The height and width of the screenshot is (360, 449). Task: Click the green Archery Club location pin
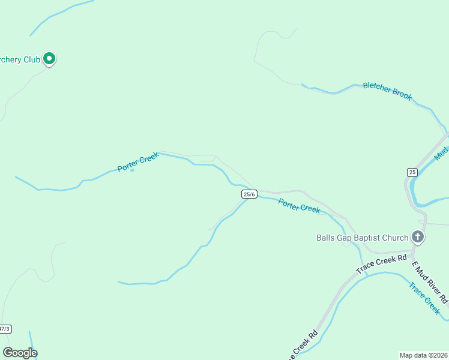click(x=50, y=59)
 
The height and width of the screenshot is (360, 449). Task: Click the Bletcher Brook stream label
click(x=387, y=91)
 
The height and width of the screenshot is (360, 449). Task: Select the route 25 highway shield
click(x=412, y=172)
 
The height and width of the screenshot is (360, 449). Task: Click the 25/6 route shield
click(x=250, y=194)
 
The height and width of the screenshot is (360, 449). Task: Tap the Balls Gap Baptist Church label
click(x=362, y=238)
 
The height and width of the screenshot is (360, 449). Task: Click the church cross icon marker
click(x=418, y=237)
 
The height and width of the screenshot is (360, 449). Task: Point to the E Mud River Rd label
click(x=430, y=282)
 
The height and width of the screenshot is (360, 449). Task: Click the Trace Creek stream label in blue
click(x=424, y=297)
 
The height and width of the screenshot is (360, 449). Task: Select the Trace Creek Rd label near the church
click(x=381, y=264)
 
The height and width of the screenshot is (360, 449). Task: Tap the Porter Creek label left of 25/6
click(x=138, y=162)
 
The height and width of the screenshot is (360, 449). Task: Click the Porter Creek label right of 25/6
click(x=299, y=205)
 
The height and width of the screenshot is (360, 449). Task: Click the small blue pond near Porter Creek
click(x=132, y=170)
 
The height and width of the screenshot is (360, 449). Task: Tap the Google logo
click(x=20, y=353)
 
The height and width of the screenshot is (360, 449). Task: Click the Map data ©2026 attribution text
click(x=423, y=355)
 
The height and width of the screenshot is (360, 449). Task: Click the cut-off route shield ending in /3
click(x=5, y=329)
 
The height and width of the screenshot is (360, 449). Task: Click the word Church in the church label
click(x=393, y=238)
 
